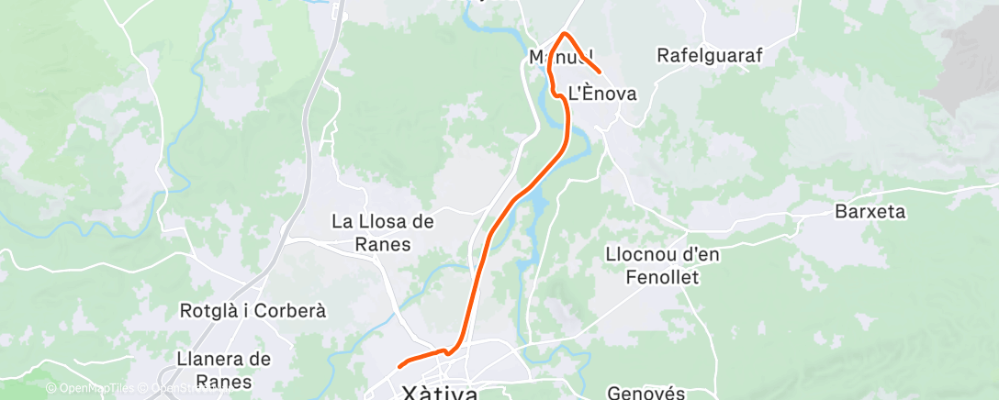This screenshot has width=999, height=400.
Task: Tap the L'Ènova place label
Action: (602, 93)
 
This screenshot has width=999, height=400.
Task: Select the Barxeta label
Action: (870, 212)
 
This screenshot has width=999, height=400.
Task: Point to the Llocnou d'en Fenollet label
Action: (663, 265)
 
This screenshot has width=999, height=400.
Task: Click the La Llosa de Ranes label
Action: (382, 233)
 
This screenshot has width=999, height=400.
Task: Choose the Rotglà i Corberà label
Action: (253, 310)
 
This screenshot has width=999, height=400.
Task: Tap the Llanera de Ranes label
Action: (223, 370)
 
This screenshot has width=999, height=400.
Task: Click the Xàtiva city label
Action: (440, 394)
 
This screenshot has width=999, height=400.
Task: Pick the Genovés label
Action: (647, 394)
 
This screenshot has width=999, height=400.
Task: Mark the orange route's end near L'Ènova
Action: (600, 72)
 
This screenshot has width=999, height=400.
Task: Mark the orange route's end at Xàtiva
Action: (399, 367)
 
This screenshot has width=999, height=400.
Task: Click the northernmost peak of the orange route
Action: (564, 34)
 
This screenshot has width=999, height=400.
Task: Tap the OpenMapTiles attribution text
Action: (92, 389)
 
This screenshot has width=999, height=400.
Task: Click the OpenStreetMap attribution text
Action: (184, 389)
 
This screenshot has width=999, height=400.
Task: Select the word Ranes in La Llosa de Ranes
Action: (384, 245)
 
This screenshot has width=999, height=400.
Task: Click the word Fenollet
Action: (663, 277)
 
